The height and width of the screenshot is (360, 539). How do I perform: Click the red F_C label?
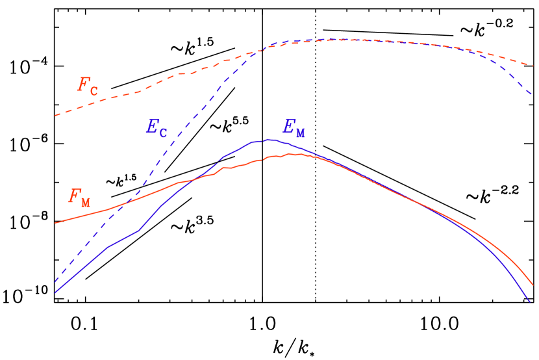coord(88,85)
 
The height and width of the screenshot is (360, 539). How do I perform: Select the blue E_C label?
coord(156,127)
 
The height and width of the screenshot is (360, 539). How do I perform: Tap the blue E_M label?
coord(294,128)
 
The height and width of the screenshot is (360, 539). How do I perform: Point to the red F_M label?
coord(79,197)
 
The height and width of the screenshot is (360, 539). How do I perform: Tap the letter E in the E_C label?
coord(151,126)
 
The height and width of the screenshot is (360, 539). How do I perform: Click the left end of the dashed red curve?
coord(55,116)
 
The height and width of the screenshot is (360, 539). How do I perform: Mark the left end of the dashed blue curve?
coord(55,283)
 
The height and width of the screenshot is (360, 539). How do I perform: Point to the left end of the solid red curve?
coord(55,223)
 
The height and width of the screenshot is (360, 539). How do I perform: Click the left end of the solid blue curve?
coord(55,293)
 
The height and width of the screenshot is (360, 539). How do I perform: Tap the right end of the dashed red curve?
coord(533,66)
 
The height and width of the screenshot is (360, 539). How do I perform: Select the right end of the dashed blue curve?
coord(533,95)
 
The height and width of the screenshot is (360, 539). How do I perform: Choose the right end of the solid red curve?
coord(533,285)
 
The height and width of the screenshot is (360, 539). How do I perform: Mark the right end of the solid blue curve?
coord(531,302)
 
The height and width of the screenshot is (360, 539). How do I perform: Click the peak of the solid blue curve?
coord(271,139)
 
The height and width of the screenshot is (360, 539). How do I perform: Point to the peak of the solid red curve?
coord(290,154)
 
